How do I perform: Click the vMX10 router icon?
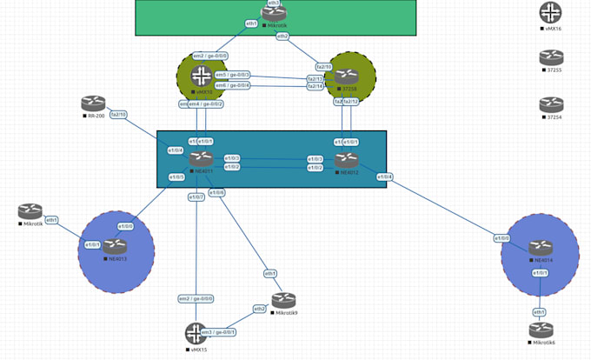tap(202, 76)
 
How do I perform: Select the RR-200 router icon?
tap(93, 103)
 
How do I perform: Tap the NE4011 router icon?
tap(202, 158)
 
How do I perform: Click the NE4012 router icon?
tap(347, 159)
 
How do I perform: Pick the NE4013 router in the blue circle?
tap(115, 246)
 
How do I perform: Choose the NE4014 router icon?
tap(541, 248)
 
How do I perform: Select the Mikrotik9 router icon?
tap(284, 301)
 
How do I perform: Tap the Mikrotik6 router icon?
tap(541, 330)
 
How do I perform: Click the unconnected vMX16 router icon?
tap(551, 13)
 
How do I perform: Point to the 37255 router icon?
tap(551, 58)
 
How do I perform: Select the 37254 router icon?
tap(551, 104)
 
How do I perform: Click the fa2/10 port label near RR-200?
tap(119, 114)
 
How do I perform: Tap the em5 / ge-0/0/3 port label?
tap(233, 75)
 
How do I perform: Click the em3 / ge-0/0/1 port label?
tap(219, 332)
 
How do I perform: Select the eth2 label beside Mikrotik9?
tap(259, 309)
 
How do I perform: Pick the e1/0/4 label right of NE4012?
tap(385, 177)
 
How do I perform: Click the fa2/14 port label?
tap(315, 86)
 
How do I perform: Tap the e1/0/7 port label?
tap(197, 197)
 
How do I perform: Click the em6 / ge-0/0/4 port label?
tap(233, 85)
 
